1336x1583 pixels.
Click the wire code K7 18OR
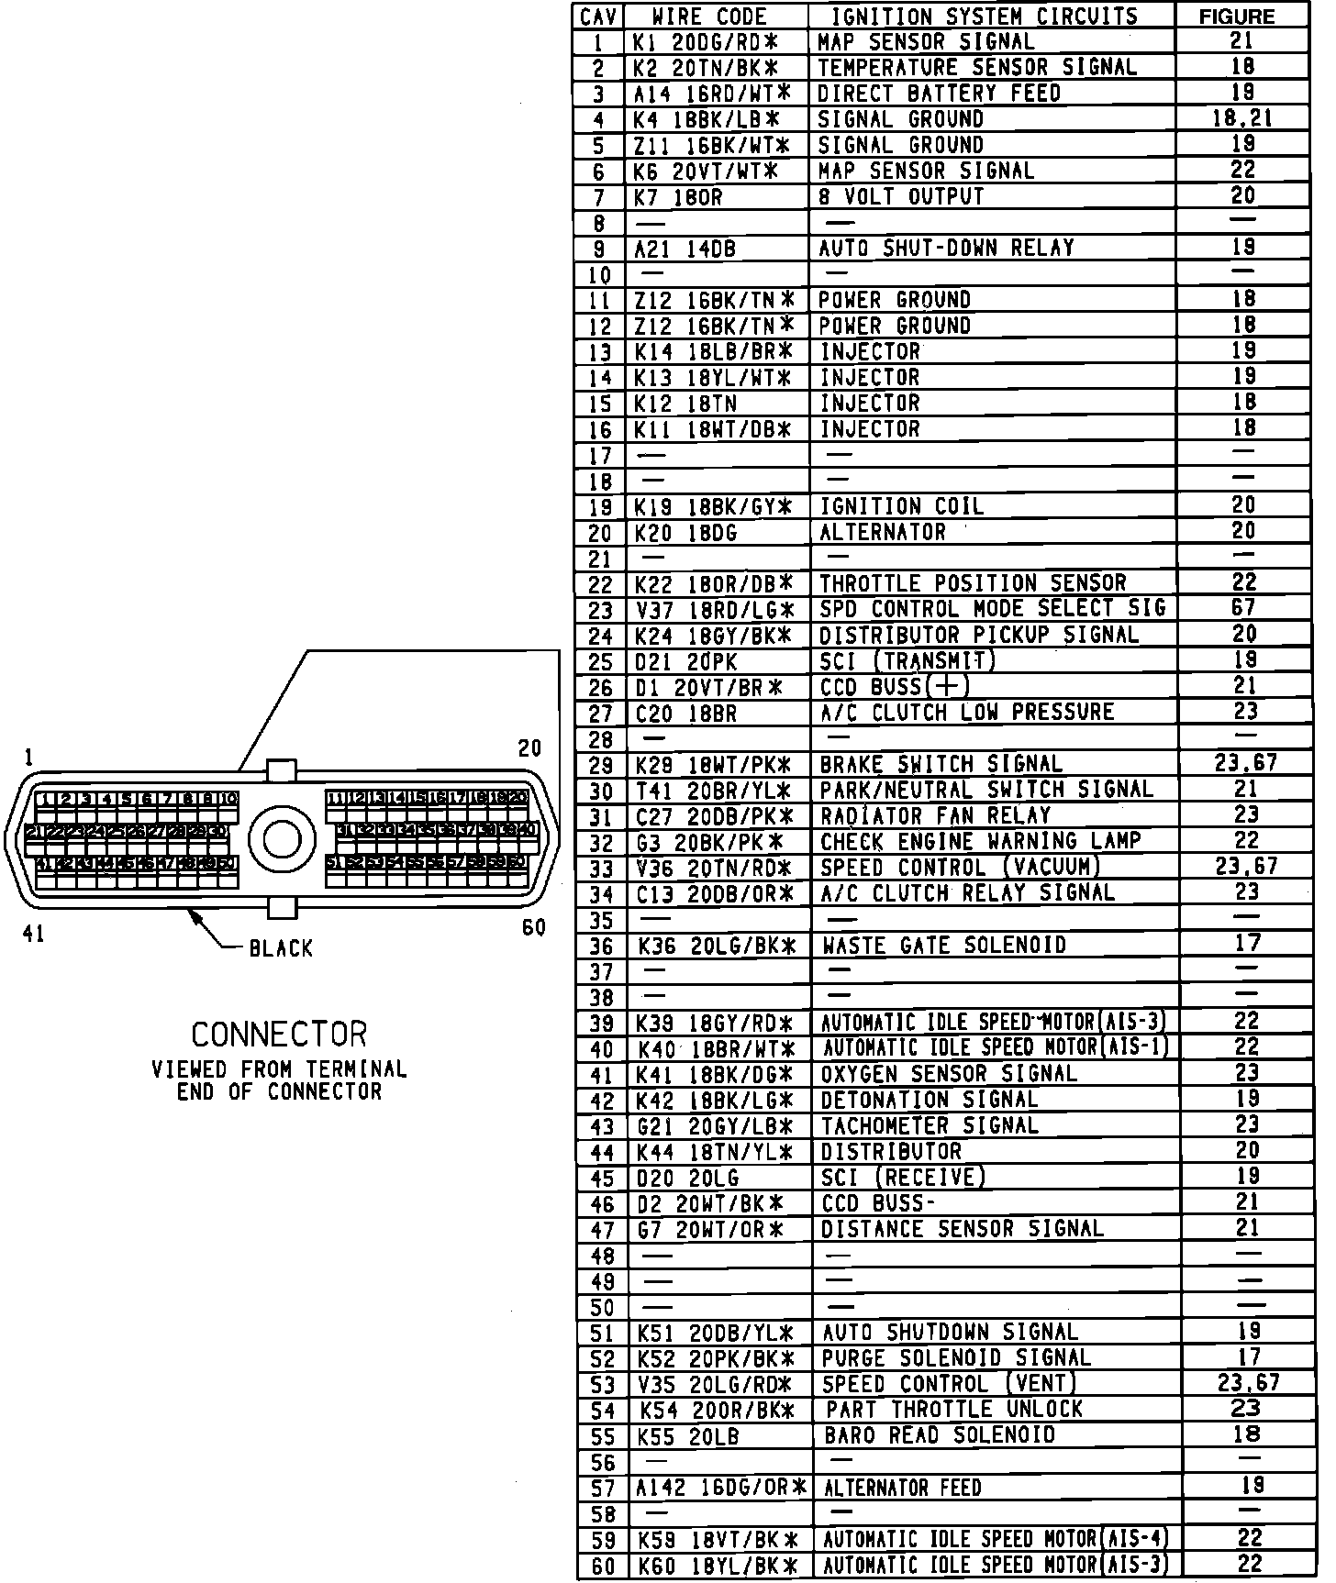(680, 197)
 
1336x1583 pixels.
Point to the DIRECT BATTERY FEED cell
(939, 94)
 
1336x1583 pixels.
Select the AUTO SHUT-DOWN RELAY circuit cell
(946, 249)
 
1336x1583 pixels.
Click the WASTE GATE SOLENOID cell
(944, 946)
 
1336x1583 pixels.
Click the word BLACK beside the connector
(281, 948)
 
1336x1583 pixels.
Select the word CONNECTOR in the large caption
(279, 1035)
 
